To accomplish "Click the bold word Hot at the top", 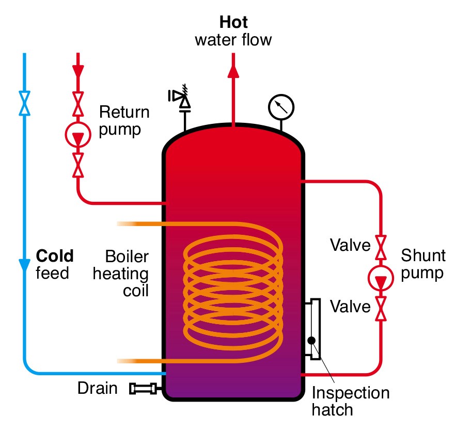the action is coord(233,22).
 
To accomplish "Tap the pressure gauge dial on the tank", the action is coord(281,107).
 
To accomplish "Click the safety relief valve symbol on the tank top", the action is coord(180,98).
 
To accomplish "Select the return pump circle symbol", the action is coord(78,135).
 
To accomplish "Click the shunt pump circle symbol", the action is coord(381,278).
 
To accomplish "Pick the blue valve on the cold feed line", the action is coord(24,103).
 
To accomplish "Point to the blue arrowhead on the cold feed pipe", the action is coord(24,265).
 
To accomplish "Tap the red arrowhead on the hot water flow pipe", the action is coord(233,71).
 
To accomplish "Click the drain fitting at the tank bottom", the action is coord(143,389).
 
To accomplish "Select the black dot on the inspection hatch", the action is coord(311,341).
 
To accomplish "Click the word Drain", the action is coord(97,388).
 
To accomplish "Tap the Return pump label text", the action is coord(124,121).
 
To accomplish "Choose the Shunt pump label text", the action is coord(423,264).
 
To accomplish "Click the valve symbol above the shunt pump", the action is coord(381,248).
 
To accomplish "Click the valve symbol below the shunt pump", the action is coord(381,309).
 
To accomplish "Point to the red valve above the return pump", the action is coord(78,104).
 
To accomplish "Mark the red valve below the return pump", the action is coord(78,165).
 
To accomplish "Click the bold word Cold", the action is coord(55,256).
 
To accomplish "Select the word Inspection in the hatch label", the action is coord(351,393).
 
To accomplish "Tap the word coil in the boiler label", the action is coord(136,291).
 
